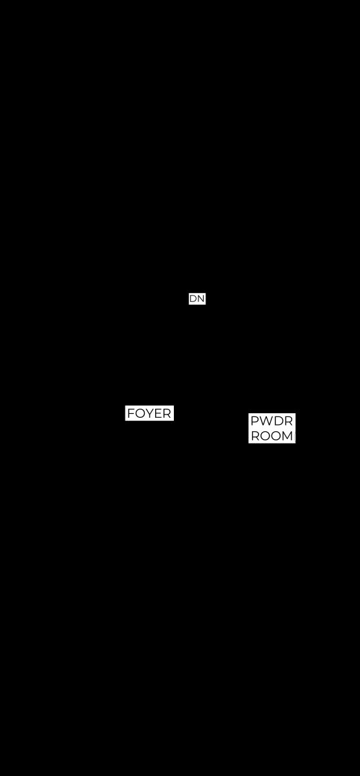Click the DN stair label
197,299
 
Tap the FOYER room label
149,413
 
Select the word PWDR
271,421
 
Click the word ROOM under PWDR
271,436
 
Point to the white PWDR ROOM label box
271,428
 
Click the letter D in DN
193,299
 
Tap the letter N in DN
201,299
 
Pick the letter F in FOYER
131,413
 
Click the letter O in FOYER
140,413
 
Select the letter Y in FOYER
149,413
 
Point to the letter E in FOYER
158,413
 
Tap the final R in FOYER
167,413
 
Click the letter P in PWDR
255,421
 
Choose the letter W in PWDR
266,421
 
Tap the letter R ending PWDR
289,421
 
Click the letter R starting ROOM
255,436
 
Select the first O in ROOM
265,436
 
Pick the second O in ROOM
276,436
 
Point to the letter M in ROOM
288,436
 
